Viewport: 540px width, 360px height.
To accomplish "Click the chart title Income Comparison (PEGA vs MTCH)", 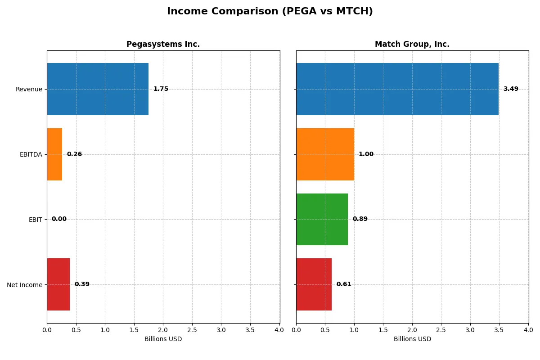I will point(270,12).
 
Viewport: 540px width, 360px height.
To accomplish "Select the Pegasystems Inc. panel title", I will point(163,44).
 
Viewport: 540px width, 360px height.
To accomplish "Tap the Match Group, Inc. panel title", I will point(412,44).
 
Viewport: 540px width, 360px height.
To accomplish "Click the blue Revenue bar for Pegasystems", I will point(98,89).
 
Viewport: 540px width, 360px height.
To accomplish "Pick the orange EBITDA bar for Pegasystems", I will point(54,154).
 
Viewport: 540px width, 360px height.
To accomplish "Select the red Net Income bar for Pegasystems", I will point(58,284).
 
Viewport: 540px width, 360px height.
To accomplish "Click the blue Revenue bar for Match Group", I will point(397,89).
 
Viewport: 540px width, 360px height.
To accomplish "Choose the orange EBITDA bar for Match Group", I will point(325,154).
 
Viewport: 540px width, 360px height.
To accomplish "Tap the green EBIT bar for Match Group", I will point(322,219).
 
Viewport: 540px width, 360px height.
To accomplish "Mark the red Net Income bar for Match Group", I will point(314,284).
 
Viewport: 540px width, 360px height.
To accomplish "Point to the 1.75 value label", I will point(161,89).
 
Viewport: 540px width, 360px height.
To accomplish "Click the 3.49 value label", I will point(511,89).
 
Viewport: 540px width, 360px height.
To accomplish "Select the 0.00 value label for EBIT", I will point(59,219).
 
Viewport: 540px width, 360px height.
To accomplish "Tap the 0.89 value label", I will point(360,219).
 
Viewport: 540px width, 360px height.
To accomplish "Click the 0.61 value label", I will point(344,284).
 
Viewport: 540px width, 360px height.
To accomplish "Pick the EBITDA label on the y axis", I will point(31,154).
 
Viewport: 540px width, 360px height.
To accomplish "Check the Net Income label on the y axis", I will point(25,284).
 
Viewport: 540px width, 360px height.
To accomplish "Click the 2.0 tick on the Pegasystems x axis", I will point(163,330).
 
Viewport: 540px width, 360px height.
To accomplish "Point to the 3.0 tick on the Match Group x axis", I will point(470,330).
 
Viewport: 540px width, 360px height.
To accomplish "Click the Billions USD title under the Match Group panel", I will point(412,339).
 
